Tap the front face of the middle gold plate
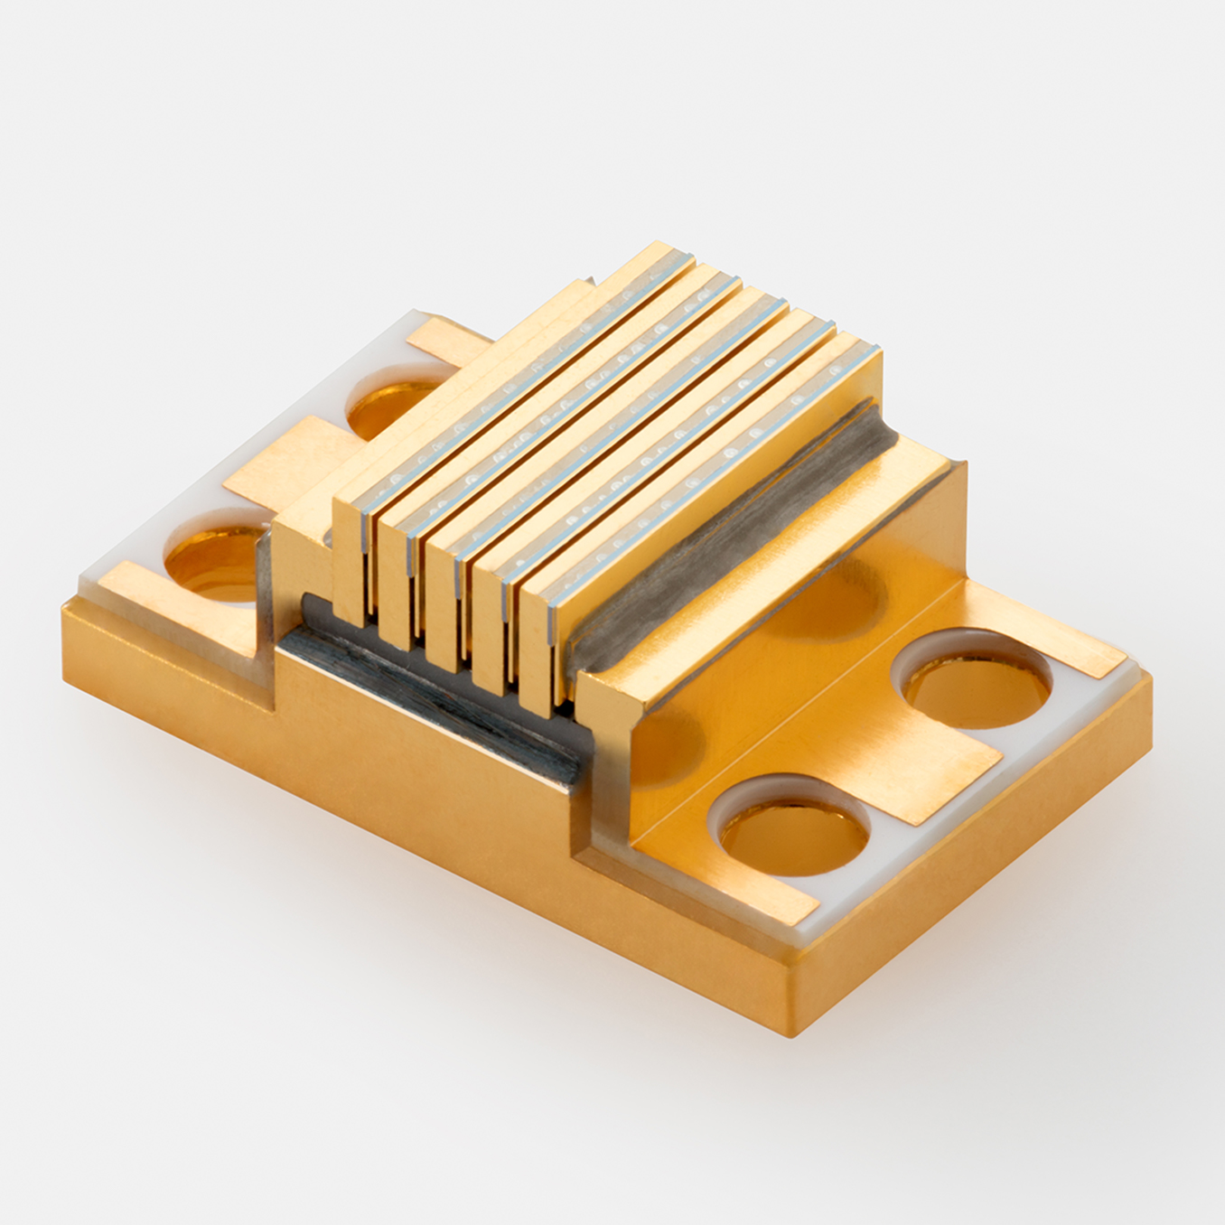443,602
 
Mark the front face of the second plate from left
395,579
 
